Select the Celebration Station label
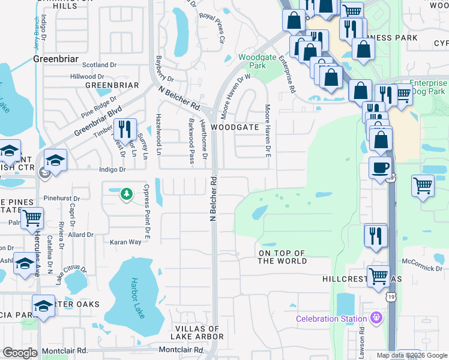click(x=331, y=319)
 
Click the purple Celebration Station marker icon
click(x=376, y=317)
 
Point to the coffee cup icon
click(x=380, y=168)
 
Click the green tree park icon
click(x=126, y=194)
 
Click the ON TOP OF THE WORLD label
click(x=282, y=257)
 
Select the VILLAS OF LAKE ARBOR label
click(x=199, y=332)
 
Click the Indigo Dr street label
click(x=113, y=170)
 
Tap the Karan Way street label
click(x=125, y=242)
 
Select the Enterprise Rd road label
click(x=286, y=74)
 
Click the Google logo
click(x=20, y=353)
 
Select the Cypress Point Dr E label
click(x=146, y=204)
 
